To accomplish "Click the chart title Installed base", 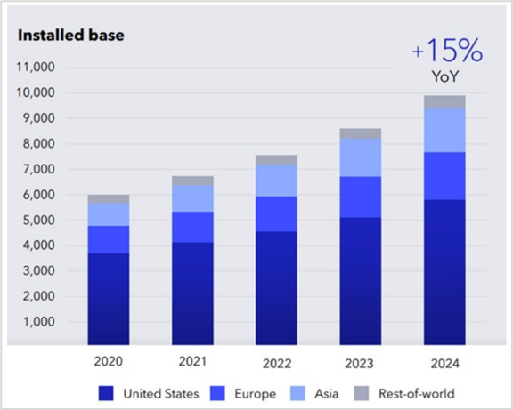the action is [71, 36].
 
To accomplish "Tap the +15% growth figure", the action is [447, 51].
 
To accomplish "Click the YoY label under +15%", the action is [445, 76].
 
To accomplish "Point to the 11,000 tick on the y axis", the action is [36, 68].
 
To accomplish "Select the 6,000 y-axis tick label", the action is [38, 195].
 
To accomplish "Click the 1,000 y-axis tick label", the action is [38, 322].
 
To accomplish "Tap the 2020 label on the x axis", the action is [109, 361].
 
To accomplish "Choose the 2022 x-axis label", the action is [277, 363].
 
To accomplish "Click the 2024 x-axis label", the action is [445, 363].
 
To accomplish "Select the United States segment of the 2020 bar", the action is [109, 299].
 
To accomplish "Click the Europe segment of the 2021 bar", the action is [192, 227].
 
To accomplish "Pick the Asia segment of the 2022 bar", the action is [276, 181].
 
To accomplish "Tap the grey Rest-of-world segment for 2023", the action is [361, 134].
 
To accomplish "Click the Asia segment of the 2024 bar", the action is [444, 130].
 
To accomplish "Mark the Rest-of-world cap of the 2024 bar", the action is [444, 102].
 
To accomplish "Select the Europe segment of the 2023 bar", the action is [361, 197].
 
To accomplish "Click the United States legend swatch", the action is [106, 393].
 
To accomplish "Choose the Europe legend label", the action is [256, 394].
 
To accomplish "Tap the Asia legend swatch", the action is [297, 393].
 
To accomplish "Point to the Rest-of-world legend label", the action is [417, 393].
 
